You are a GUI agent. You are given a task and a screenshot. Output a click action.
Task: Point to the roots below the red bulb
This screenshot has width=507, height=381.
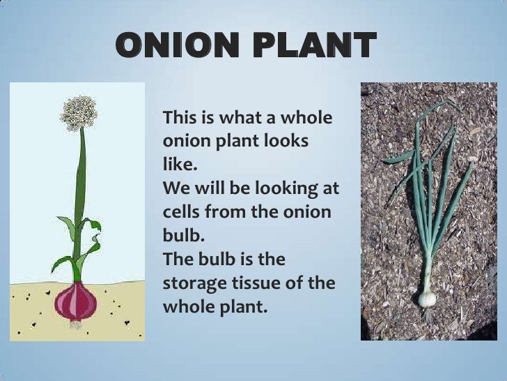pos(76,324)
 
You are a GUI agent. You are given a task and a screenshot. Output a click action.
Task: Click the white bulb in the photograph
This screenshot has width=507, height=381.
pos(426,298)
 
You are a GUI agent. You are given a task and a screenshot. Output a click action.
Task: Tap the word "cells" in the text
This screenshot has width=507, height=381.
pos(182,211)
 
